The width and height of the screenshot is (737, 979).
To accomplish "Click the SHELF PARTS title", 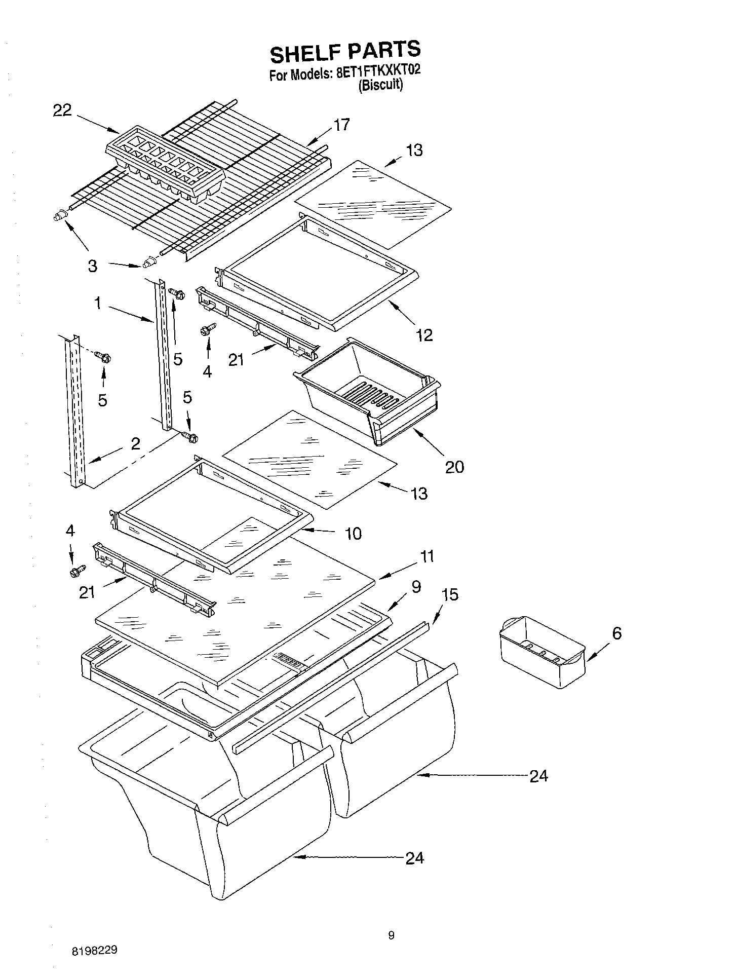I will tap(344, 51).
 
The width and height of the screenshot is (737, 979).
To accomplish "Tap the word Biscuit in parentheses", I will tap(380, 85).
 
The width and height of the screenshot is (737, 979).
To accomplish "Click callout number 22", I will tap(62, 110).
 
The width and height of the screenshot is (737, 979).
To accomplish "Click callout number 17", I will tap(342, 125).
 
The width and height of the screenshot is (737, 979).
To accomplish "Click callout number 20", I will tap(454, 466).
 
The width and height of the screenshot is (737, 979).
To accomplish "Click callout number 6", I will tap(616, 633).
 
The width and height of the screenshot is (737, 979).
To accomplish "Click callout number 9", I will tap(416, 587).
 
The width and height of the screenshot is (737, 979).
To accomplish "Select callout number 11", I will tap(427, 556).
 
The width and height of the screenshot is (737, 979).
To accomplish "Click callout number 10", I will tap(353, 533).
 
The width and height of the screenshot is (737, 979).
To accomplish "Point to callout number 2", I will tap(135, 443).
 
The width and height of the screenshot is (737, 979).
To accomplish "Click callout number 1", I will tap(98, 303).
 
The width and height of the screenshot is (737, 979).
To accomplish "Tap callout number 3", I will tap(92, 266).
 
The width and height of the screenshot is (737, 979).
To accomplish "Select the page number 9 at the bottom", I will tap(391, 935).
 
